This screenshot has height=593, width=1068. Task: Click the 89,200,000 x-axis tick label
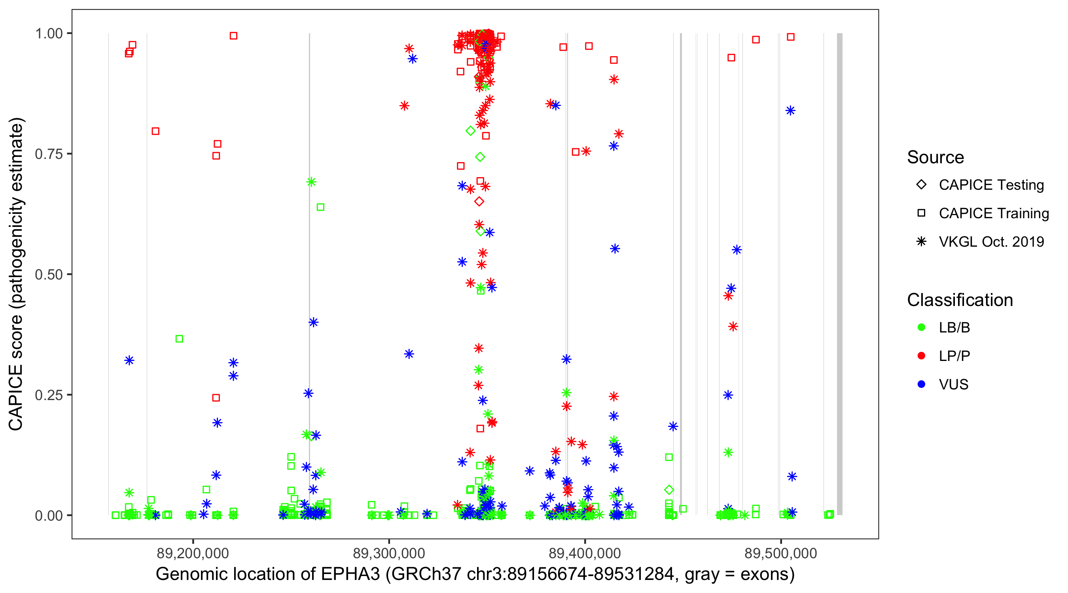(193, 553)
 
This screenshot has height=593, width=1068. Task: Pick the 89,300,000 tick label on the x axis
(389, 553)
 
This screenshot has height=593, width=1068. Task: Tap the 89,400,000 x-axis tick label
(585, 553)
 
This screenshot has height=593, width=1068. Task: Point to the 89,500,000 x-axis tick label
(781, 553)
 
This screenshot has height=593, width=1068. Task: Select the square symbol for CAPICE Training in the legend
(921, 213)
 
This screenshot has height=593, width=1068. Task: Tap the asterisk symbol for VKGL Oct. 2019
(921, 242)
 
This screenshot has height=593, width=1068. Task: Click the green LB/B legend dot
(921, 327)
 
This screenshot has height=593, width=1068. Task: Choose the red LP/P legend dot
(921, 356)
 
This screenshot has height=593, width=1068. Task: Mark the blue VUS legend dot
(921, 384)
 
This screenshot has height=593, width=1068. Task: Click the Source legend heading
(935, 157)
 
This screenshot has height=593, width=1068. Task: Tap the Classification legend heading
(960, 300)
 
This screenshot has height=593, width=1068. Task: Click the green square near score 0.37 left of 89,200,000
(179, 339)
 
